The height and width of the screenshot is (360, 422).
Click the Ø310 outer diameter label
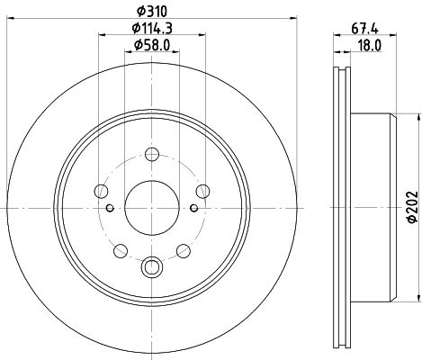click(x=151, y=12)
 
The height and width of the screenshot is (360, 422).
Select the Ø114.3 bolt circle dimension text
click(x=152, y=29)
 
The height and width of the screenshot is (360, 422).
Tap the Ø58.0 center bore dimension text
click(x=152, y=45)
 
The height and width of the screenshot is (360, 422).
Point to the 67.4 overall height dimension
click(x=364, y=29)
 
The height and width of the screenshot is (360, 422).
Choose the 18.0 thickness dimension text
click(x=370, y=46)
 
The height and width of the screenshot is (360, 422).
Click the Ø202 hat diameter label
click(x=413, y=207)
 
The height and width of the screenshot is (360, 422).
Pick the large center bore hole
click(x=152, y=208)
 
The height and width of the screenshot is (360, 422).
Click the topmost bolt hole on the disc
click(x=152, y=155)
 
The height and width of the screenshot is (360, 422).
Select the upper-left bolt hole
click(x=101, y=191)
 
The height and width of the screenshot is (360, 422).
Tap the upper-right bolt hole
click(x=202, y=191)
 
